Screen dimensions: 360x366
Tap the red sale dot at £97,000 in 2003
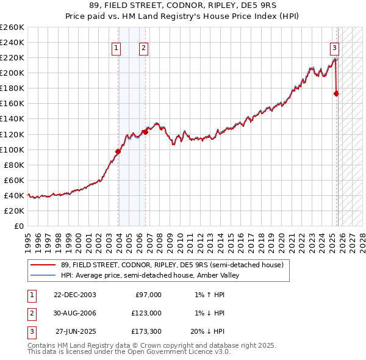118,151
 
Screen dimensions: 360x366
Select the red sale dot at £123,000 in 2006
145,131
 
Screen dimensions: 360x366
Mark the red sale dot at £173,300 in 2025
336,93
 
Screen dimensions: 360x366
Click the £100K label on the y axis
13,149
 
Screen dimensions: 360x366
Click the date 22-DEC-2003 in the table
75,295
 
